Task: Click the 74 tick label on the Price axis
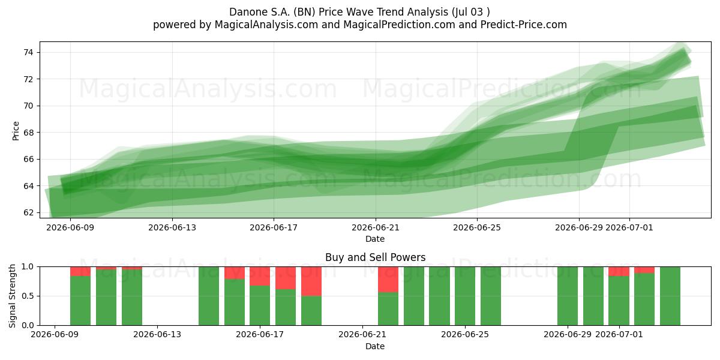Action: click(28, 52)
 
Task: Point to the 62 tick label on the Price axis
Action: click(28, 212)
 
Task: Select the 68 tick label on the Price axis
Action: click(28, 133)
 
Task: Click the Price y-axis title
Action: click(16, 131)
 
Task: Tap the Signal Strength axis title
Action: click(12, 296)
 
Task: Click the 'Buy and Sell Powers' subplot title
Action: click(375, 257)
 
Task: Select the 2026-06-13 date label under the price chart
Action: click(172, 227)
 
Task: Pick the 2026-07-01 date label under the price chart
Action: click(629, 227)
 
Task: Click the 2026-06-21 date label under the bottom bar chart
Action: click(362, 334)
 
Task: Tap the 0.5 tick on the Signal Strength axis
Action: click(27, 296)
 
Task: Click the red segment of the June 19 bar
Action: click(311, 281)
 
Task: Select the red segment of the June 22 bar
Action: click(388, 280)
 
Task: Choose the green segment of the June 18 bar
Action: click(286, 307)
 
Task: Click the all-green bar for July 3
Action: click(670, 296)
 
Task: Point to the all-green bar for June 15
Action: click(209, 296)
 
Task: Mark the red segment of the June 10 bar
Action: click(80, 271)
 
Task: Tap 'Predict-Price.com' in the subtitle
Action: click(524, 25)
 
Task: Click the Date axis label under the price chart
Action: click(375, 239)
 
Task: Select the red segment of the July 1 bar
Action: click(619, 271)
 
